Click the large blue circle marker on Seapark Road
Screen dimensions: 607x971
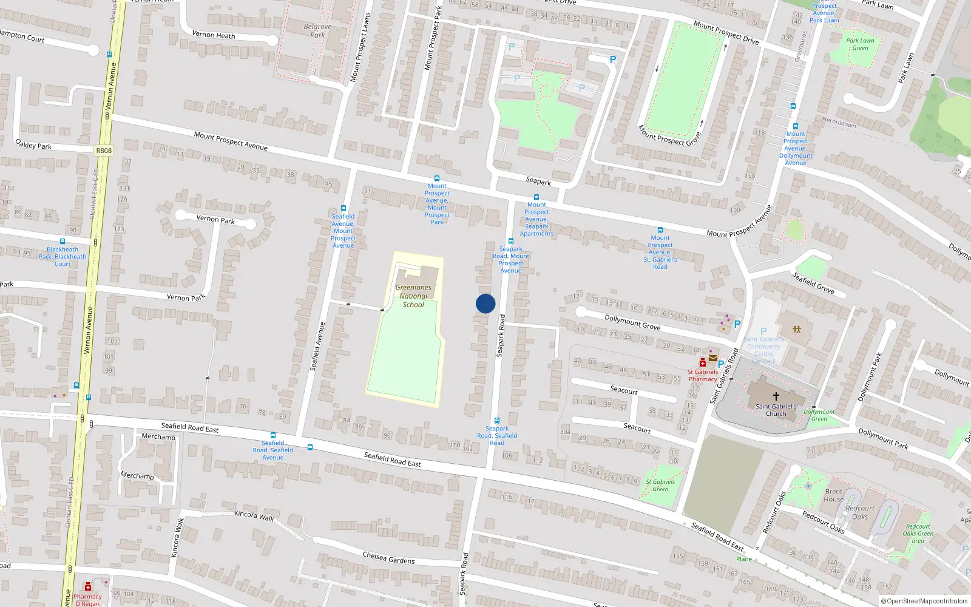tap(486, 303)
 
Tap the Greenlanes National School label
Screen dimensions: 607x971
tap(413, 296)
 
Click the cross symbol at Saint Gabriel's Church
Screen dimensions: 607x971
tap(776, 396)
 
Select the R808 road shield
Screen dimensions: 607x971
tap(104, 151)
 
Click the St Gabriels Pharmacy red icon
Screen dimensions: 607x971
tap(702, 363)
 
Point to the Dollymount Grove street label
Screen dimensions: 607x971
tap(632, 322)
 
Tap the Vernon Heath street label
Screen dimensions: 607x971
tap(213, 35)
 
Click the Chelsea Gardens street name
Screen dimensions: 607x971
tap(388, 558)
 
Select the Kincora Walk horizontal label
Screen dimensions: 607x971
tap(254, 515)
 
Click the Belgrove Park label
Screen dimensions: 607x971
tap(317, 30)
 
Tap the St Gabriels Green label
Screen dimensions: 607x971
tap(660, 485)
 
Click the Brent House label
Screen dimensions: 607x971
tap(833, 495)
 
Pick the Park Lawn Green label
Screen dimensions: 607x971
tap(860, 44)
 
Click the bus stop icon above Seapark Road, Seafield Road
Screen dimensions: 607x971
tap(497, 420)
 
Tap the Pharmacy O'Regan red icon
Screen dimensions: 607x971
tap(88, 587)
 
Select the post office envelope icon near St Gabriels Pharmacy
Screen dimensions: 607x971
tap(713, 358)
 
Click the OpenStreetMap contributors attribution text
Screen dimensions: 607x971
tap(924, 601)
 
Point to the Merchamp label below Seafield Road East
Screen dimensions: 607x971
tap(158, 436)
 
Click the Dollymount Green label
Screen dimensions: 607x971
tap(819, 415)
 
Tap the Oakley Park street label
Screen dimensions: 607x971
tap(33, 144)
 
